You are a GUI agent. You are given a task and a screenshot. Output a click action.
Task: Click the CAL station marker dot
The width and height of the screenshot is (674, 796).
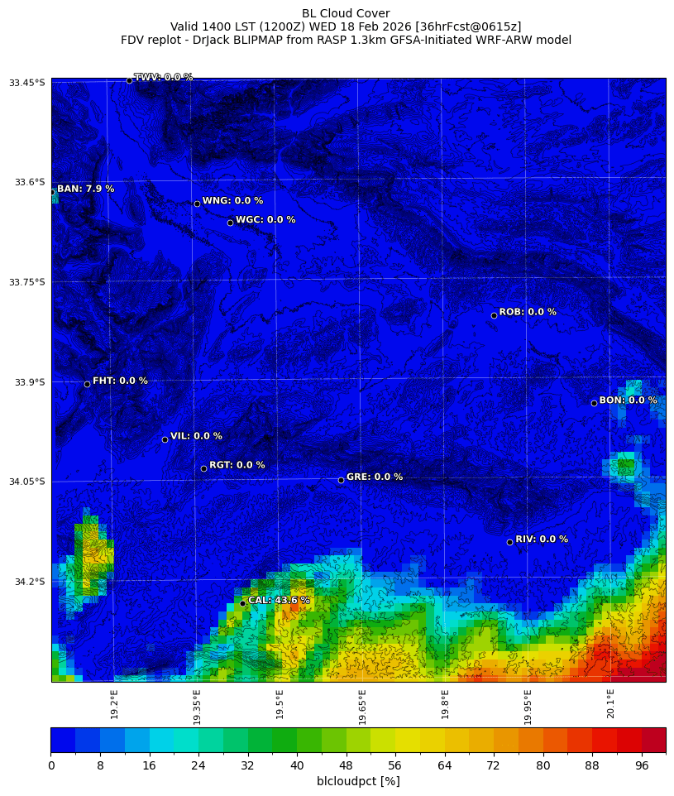[242, 603]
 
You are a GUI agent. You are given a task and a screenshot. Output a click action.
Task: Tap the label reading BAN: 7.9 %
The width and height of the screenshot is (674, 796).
[85, 189]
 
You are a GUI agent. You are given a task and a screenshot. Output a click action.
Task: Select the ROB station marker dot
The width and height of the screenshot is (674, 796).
[494, 315]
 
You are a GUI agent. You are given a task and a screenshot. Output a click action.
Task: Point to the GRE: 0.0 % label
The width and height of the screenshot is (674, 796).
[374, 477]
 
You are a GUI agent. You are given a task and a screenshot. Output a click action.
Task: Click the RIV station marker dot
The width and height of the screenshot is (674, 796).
[509, 542]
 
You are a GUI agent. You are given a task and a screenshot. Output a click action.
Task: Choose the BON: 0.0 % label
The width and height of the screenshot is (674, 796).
[628, 400]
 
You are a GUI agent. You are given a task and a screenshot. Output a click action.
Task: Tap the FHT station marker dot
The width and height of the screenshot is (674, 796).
[87, 384]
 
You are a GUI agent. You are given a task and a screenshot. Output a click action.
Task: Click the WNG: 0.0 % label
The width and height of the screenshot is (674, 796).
[232, 201]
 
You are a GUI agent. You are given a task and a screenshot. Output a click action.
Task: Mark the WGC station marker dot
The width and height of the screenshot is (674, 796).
[230, 223]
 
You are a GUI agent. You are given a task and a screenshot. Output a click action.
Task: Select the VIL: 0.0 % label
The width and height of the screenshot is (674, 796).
[196, 436]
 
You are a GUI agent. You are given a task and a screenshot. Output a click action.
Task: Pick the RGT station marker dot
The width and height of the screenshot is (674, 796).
[203, 468]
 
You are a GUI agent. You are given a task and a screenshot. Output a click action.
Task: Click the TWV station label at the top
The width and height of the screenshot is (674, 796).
[163, 77]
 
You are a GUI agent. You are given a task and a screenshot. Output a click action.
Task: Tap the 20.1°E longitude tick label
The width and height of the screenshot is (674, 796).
[610, 703]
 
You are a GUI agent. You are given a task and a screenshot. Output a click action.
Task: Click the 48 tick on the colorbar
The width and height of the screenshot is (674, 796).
[346, 765]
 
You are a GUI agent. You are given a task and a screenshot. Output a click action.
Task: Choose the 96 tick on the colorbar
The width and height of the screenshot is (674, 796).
[642, 765]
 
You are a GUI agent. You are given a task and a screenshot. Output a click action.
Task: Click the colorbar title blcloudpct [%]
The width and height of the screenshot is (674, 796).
[358, 781]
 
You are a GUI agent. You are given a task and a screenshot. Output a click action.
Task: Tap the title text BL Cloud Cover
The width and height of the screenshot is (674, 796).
[346, 13]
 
